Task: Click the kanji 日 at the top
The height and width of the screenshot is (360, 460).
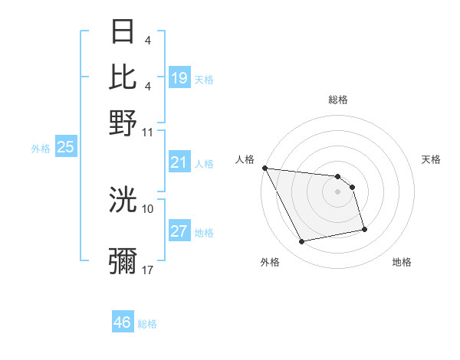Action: point(123,32)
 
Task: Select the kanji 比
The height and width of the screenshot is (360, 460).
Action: point(123,77)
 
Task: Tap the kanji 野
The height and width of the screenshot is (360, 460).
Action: point(123,122)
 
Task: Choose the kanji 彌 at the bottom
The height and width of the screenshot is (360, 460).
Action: point(123,261)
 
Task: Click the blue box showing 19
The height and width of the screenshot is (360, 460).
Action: point(179,78)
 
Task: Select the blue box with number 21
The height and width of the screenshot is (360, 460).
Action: point(179,162)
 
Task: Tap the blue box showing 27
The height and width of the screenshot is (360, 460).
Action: point(179,232)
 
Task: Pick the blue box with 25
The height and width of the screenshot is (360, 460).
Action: point(66,148)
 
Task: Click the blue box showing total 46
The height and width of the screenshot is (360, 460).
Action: point(123,322)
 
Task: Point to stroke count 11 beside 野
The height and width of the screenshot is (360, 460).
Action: point(148,132)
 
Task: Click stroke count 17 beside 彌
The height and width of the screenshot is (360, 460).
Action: point(148,270)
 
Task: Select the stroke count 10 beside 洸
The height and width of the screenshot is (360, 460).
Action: point(148,208)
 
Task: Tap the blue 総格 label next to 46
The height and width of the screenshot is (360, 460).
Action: point(148,324)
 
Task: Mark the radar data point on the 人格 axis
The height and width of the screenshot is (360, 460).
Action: point(264,169)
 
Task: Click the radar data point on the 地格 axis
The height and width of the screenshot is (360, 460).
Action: point(364,229)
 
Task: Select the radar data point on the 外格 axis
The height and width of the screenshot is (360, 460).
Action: point(302,242)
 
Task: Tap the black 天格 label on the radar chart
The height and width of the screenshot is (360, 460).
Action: point(431,159)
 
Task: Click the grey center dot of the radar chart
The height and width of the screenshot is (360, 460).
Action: point(337,191)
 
